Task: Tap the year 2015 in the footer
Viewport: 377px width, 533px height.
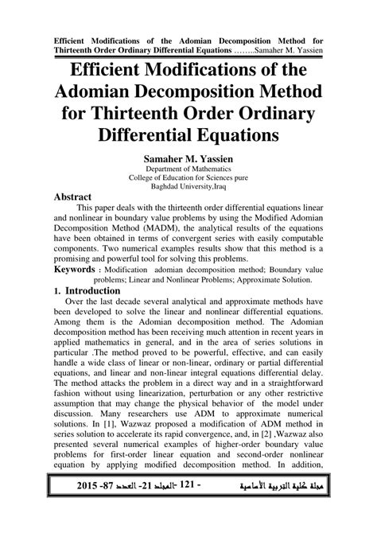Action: pyautogui.click(x=68, y=507)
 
